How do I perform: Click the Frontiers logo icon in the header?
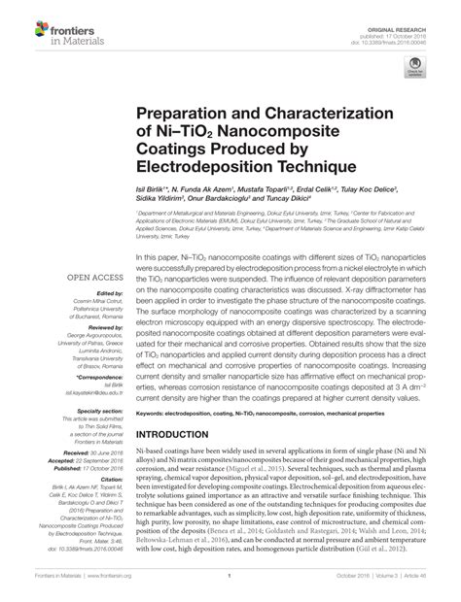[x=22, y=22]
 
